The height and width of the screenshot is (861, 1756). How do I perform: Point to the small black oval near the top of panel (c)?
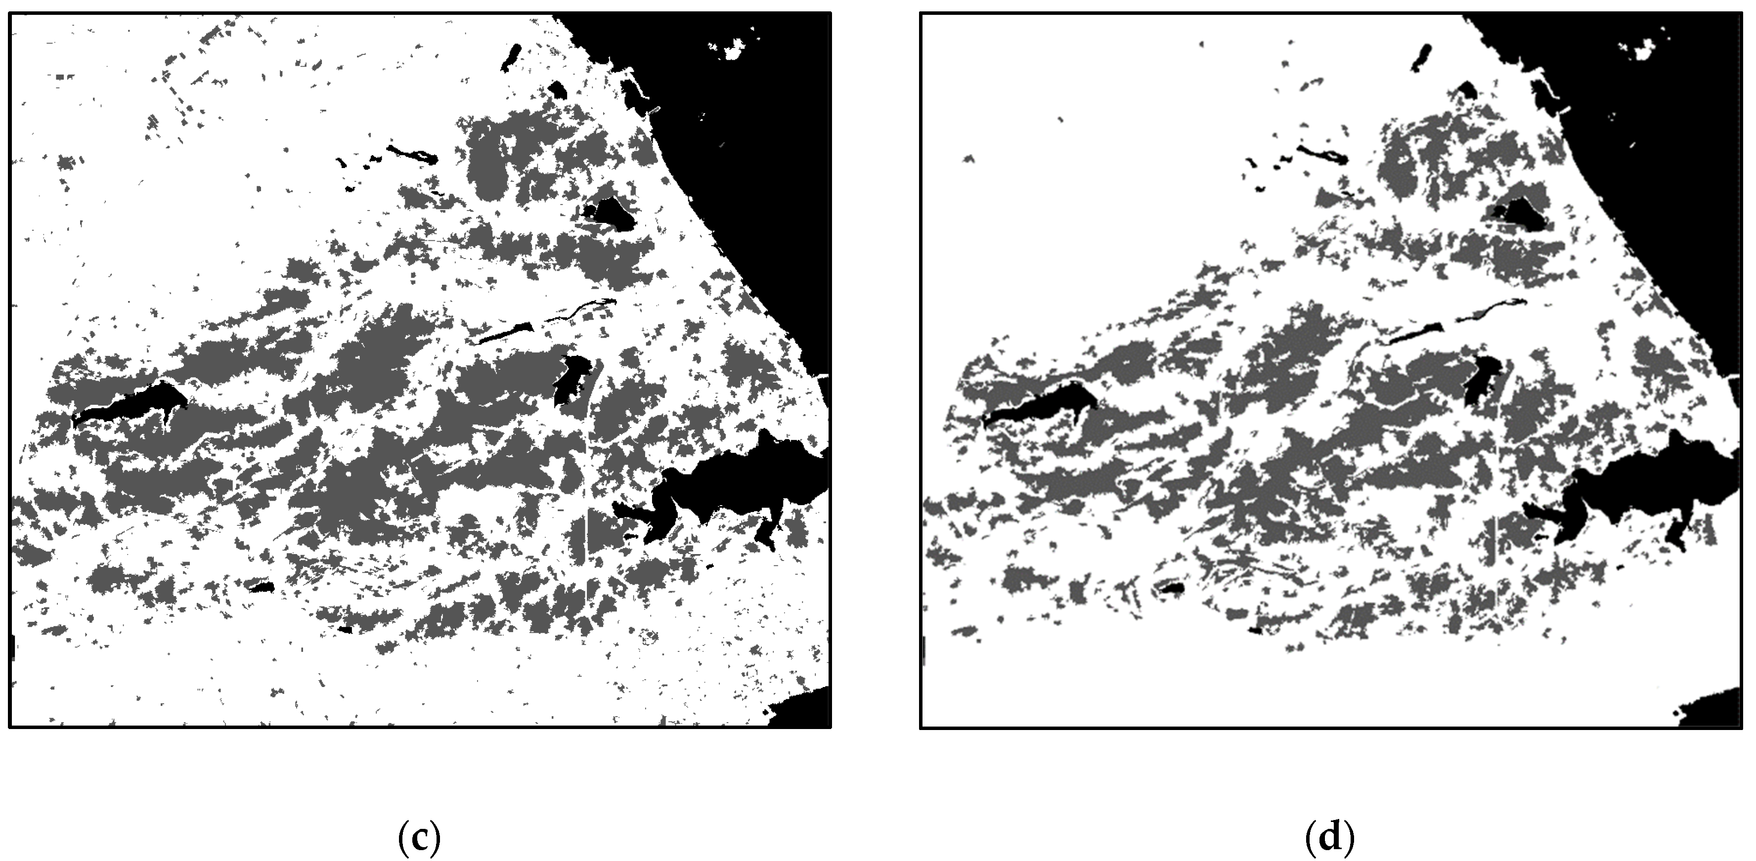tap(511, 57)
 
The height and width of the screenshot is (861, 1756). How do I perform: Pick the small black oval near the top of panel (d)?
tap(1421, 57)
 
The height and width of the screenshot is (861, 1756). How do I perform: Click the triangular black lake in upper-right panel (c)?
tap(614, 213)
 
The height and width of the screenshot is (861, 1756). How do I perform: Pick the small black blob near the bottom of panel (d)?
tap(1172, 587)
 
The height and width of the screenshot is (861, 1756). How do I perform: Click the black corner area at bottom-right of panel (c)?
tap(808, 709)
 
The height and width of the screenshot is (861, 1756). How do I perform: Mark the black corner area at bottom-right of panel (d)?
tap(1718, 709)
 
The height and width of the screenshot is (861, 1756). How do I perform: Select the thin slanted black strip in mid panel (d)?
tap(1415, 334)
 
